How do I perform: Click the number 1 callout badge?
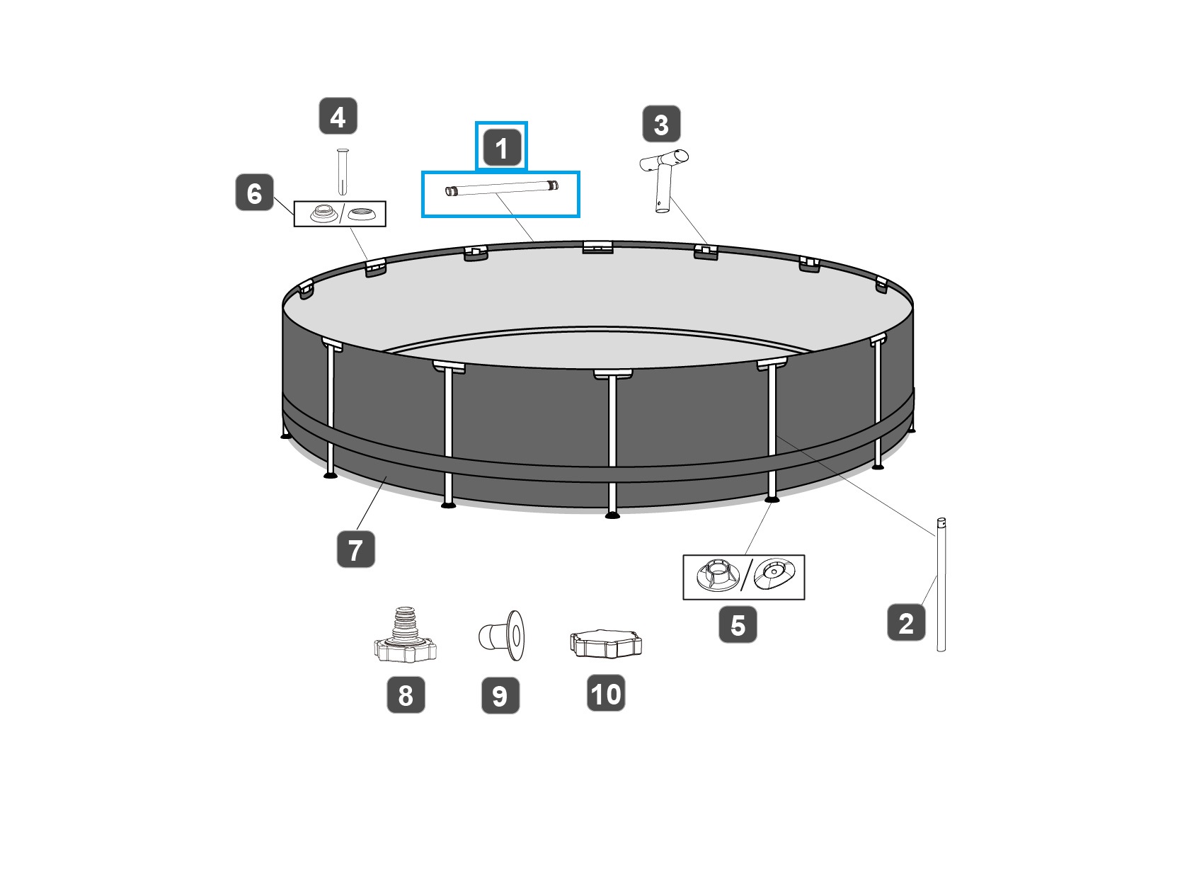(501, 147)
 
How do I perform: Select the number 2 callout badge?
(906, 622)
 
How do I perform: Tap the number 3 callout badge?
(661, 124)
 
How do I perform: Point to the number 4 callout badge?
(338, 116)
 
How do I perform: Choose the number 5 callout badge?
(738, 624)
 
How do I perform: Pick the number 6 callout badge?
(254, 193)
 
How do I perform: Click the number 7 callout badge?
(355, 549)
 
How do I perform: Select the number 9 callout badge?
(500, 695)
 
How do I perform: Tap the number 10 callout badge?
(606, 693)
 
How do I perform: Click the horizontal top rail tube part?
(501, 190)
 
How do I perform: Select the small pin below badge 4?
(343, 171)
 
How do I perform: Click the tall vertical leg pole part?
(941, 584)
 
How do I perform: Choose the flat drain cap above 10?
(605, 643)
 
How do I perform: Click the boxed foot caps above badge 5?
(743, 577)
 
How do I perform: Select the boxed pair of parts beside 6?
(340, 214)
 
